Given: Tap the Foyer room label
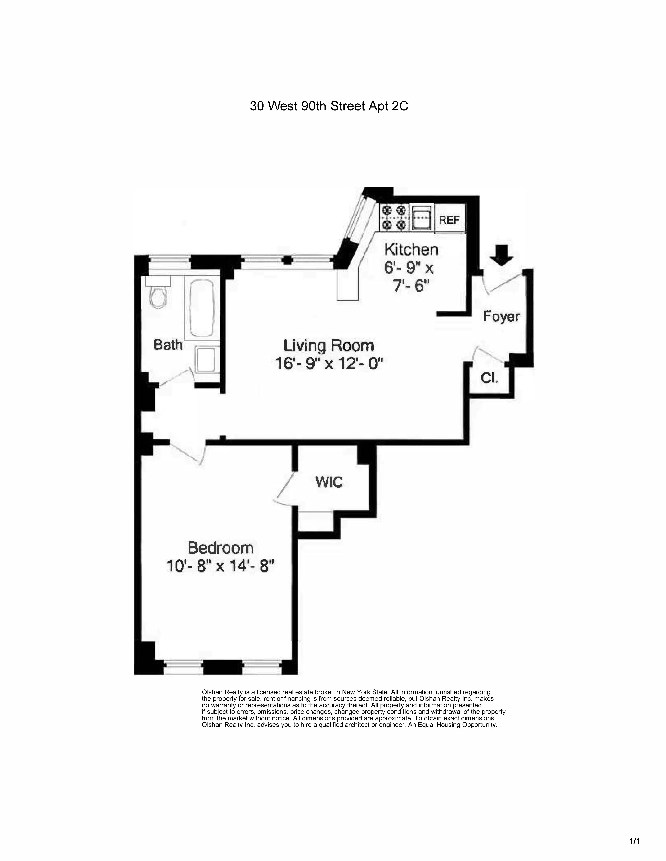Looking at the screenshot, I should point(501,317).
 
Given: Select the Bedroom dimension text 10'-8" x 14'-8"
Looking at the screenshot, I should point(220,567).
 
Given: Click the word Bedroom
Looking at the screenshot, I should point(220,548).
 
